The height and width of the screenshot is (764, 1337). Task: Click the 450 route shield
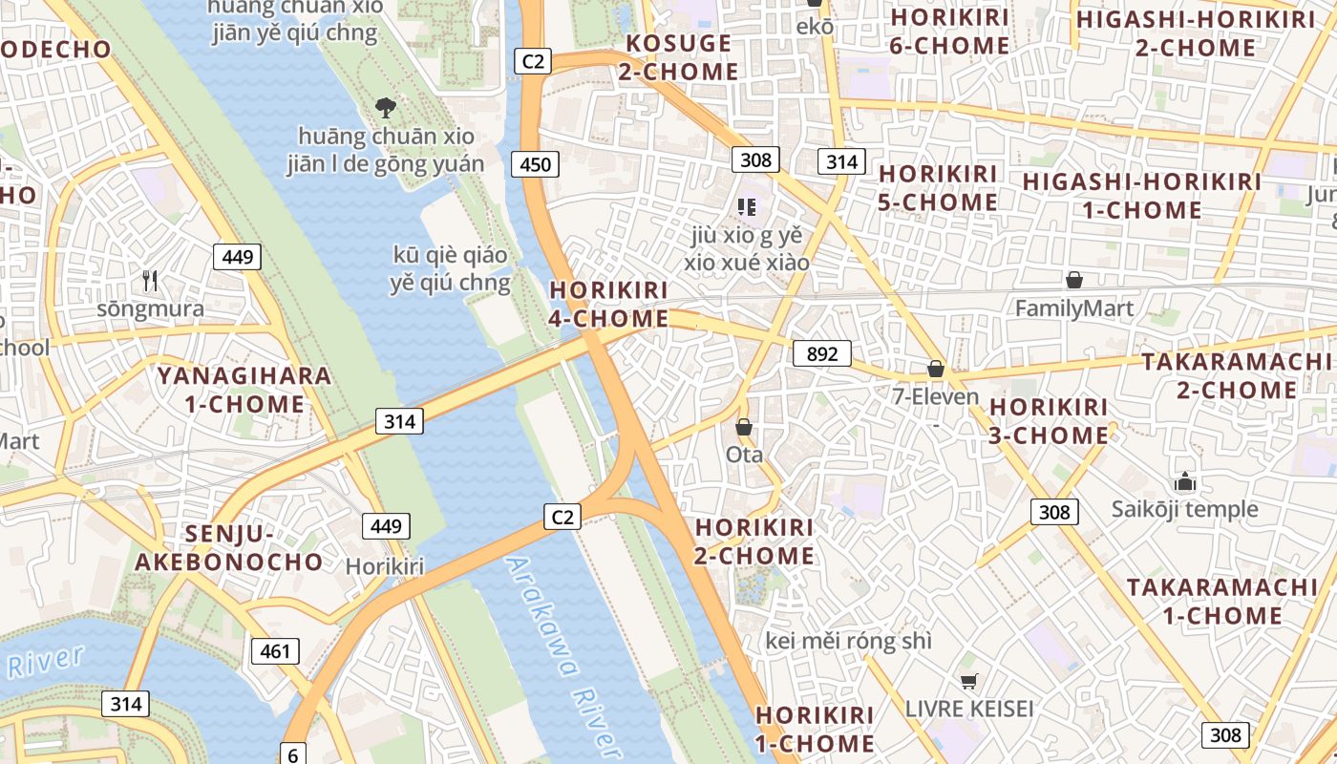(536, 164)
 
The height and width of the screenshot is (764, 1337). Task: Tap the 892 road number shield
(821, 354)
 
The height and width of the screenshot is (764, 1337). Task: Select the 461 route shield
(275, 651)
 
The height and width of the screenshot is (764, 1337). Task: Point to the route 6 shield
(292, 753)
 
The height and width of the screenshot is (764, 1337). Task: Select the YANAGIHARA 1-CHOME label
(244, 390)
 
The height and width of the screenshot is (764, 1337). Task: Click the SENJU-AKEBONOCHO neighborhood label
(228, 547)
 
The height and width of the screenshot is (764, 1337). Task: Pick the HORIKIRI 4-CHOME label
(608, 305)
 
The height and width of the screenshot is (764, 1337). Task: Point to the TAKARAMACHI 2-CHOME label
(1236, 375)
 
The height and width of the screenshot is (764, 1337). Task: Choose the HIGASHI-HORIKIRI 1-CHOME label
(1141, 196)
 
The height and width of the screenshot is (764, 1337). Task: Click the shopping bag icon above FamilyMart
(1074, 280)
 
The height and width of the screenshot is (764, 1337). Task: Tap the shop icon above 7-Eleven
(936, 369)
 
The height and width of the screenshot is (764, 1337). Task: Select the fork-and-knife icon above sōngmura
(150, 281)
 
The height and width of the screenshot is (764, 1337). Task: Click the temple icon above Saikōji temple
(1185, 481)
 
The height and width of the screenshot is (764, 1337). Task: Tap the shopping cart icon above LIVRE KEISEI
(969, 681)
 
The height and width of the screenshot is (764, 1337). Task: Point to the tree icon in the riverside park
(386, 107)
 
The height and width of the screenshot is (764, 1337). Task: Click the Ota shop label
(745, 455)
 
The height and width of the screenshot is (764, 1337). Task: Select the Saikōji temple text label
(1184, 509)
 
